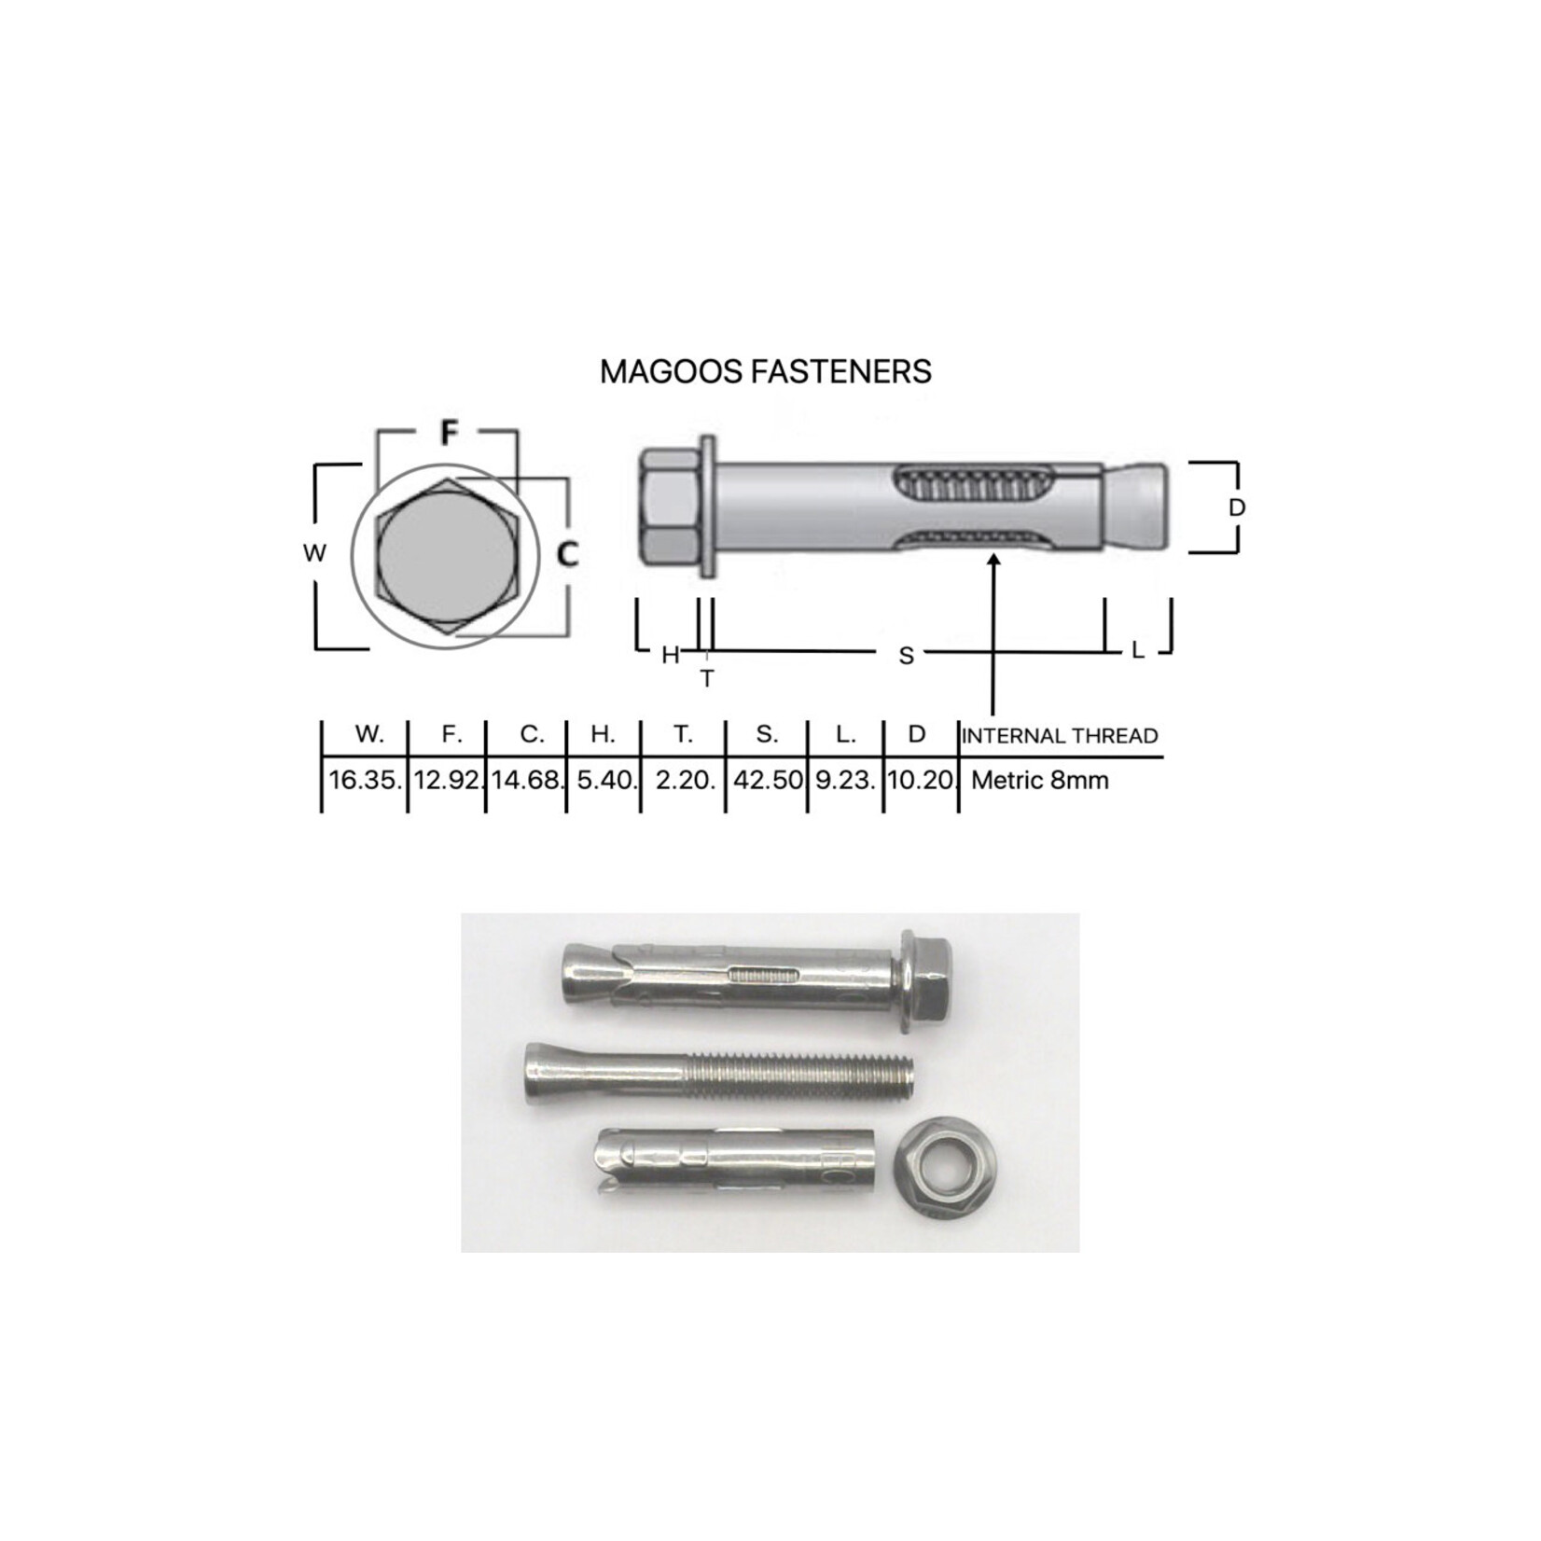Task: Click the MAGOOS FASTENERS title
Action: [765, 371]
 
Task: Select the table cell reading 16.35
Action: [365, 780]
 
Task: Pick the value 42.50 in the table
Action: [767, 780]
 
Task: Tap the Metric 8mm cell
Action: [1039, 780]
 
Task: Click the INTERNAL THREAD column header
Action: [1060, 736]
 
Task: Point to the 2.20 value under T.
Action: [684, 780]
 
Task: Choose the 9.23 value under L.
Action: [845, 780]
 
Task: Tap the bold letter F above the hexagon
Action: [450, 433]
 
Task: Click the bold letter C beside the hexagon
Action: [567, 555]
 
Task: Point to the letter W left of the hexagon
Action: [314, 553]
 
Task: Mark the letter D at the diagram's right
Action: [1237, 508]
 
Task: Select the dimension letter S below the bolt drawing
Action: [906, 657]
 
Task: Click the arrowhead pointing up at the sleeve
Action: [993, 560]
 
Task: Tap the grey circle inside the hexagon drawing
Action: [445, 557]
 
